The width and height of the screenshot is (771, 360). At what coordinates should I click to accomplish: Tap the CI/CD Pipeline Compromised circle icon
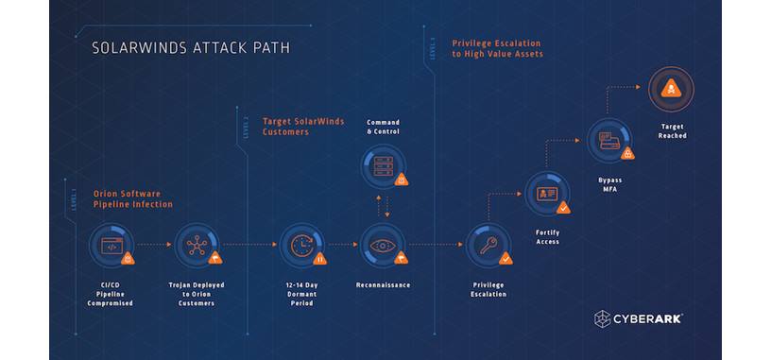pos(111,245)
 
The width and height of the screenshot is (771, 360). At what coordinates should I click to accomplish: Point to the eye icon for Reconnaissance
pos(383,245)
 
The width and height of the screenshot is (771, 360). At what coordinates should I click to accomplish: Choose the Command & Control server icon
pos(383,166)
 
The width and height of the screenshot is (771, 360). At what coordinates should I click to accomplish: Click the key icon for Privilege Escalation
pos(489,245)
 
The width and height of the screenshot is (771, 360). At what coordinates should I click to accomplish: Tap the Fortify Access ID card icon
pos(546,194)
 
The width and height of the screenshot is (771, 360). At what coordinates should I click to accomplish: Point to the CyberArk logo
pos(638,318)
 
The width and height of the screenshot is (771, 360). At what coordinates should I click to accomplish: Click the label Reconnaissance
pos(383,284)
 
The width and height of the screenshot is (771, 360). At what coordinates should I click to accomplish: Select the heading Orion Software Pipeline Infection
pos(132,197)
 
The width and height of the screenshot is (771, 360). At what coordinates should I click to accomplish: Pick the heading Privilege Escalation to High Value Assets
pos(497,48)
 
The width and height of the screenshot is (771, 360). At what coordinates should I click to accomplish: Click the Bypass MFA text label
pos(609,182)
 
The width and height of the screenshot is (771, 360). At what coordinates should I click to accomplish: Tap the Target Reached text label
pos(672,131)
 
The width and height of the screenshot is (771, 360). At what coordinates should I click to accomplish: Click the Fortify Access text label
pos(546,236)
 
